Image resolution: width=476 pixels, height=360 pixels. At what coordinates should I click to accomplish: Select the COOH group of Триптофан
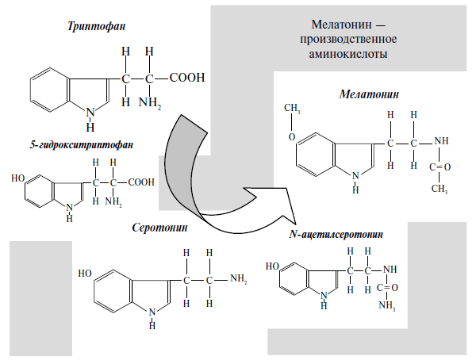[x=187, y=78]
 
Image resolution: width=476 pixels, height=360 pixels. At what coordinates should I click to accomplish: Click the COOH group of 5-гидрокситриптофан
[x=141, y=182]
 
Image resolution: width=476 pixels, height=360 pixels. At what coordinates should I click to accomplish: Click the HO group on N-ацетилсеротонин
[x=272, y=266]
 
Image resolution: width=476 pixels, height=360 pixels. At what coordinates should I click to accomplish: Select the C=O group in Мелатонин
[x=440, y=167]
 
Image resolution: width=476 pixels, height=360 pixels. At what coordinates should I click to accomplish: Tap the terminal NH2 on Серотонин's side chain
[x=238, y=278]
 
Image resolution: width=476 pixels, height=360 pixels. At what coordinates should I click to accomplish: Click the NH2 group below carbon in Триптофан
[x=149, y=102]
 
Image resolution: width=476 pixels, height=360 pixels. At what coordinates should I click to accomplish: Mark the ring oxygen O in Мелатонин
[x=292, y=136]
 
